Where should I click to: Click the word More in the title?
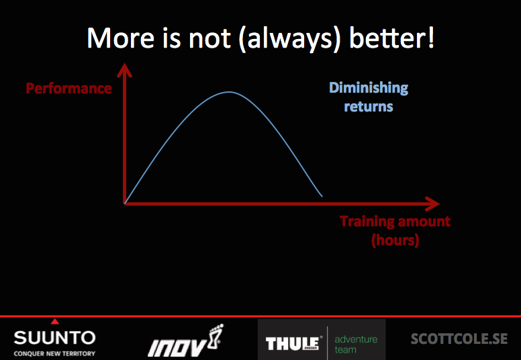[121, 38]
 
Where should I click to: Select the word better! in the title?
[391, 38]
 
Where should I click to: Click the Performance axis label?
[68, 89]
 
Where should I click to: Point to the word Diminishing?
[369, 88]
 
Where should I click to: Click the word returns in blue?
[369, 107]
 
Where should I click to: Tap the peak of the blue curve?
[229, 92]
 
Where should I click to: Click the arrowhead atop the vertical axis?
[125, 70]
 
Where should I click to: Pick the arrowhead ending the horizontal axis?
[432, 204]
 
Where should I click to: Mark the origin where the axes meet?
[125, 204]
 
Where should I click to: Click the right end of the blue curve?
[322, 196]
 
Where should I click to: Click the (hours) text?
[395, 240]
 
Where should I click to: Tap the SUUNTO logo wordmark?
[55, 338]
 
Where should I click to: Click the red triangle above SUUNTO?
[55, 321]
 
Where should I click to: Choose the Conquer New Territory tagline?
[54, 353]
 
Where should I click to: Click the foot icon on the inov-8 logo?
[216, 336]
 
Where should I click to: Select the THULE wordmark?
[293, 343]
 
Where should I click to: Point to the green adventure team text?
[356, 345]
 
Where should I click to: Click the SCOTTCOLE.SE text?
[459, 339]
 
